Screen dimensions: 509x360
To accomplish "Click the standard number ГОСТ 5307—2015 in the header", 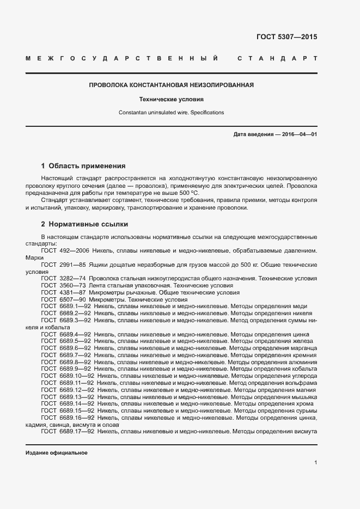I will pos(286,38).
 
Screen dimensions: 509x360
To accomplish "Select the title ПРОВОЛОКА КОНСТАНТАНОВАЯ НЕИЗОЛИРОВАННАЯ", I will pos(171,85).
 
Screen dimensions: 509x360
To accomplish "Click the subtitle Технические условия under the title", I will pos(171,100).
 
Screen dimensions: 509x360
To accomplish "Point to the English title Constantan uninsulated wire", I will pos(171,113).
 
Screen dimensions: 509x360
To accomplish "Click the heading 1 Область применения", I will pos(83,166).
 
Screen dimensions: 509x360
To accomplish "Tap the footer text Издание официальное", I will pos(57,453).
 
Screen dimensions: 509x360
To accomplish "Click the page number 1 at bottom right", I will pos(315,463).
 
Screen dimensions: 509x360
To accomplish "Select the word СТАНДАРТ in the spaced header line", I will pos(277,58).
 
